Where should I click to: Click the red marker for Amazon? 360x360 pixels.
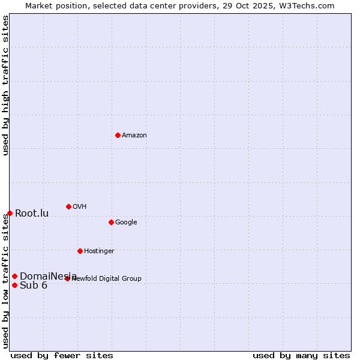[118, 135]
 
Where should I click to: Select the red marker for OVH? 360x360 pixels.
[68, 206]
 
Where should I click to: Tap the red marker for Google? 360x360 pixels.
[111, 222]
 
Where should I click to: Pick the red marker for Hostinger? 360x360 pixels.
[80, 251]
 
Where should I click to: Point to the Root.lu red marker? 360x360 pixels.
[10, 213]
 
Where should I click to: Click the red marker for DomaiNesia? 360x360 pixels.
[14, 276]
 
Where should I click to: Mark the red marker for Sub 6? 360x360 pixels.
[14, 285]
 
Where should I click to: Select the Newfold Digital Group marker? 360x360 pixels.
[67, 278]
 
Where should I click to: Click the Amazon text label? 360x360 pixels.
[134, 136]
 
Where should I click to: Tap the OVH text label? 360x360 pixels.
[80, 207]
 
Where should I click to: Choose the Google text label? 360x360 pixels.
[126, 223]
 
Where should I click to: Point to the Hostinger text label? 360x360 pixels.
[99, 251]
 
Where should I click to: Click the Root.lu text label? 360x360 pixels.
[32, 214]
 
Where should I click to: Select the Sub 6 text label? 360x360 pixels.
[34, 286]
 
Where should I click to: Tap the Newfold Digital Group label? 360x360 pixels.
[107, 278]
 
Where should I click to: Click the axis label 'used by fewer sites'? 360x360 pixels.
[62, 355]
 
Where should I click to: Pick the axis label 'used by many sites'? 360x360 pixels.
[301, 355]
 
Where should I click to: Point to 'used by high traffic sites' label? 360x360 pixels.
[5, 85]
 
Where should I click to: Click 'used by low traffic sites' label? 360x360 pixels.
[5, 281]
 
